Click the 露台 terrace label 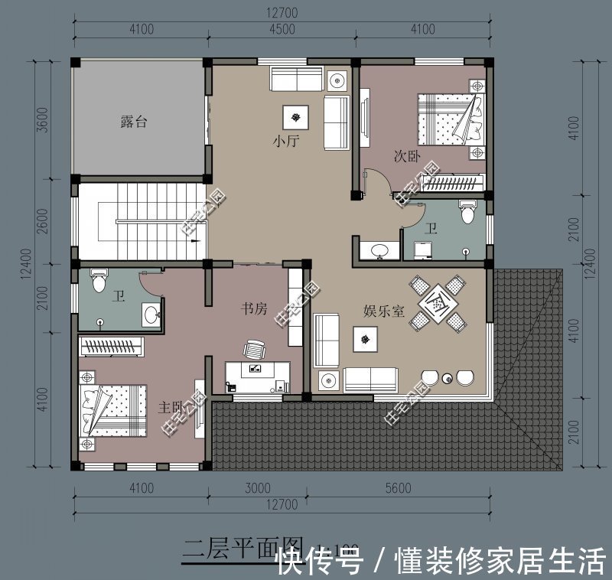pos(133,122)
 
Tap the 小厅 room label pos(285,142)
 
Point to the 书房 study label pos(254,309)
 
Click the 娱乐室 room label pos(383,311)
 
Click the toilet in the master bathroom pos(99,282)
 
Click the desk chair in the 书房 pos(253,350)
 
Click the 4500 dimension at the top pos(282,30)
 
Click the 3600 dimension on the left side pos(44,119)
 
